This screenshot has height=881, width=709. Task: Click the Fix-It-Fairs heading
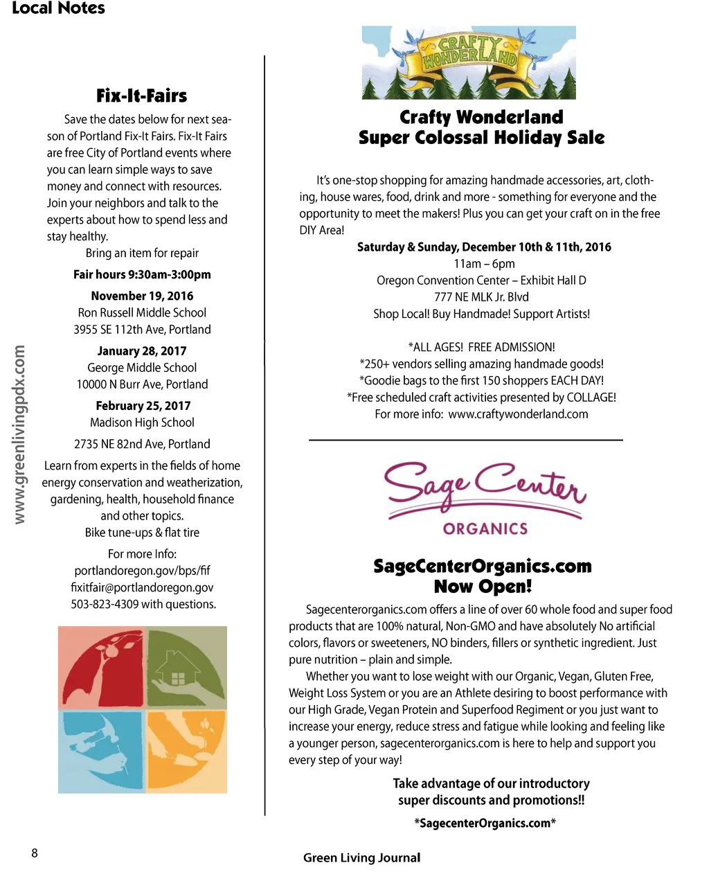[x=141, y=96]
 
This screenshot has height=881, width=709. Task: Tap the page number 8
[x=35, y=853]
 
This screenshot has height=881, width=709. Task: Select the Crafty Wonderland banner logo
[x=469, y=62]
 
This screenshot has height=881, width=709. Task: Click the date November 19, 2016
[x=142, y=296]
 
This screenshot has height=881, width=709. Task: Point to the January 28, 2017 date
[x=142, y=350]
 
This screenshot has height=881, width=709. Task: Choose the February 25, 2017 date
[x=143, y=406]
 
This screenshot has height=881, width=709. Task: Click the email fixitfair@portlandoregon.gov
[x=142, y=587]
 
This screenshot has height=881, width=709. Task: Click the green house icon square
[x=186, y=667]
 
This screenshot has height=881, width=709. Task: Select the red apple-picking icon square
[x=100, y=667]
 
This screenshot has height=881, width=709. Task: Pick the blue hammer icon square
[x=100, y=751]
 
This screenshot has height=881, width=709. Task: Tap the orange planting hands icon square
[x=186, y=751]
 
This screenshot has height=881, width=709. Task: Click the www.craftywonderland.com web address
[x=518, y=414]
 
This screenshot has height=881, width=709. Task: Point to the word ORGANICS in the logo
[x=485, y=528]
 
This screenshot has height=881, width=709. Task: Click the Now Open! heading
[x=483, y=587]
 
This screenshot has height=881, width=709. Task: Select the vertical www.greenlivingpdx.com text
[x=19, y=434]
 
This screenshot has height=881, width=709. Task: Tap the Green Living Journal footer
[x=361, y=857]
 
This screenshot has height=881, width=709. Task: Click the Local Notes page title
[x=59, y=8]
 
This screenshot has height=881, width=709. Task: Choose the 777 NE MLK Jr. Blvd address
[x=481, y=297]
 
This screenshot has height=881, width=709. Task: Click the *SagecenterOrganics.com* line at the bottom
[x=485, y=823]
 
